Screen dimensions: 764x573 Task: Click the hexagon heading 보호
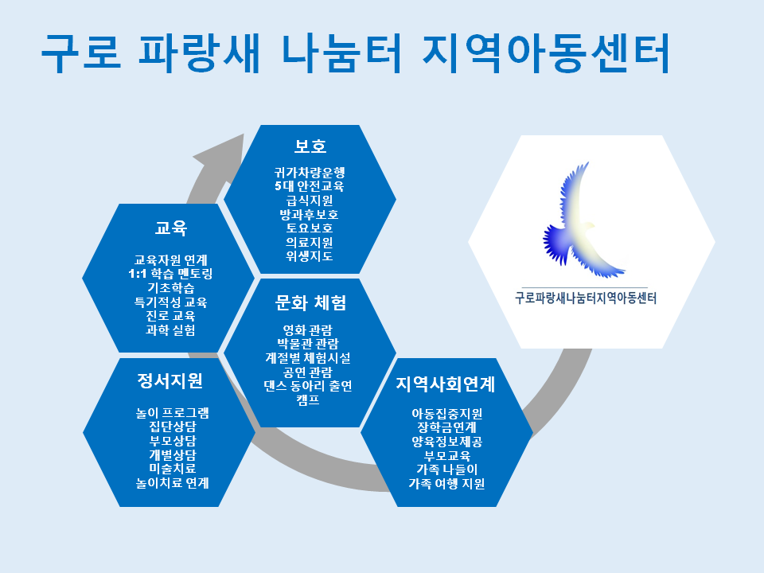310,146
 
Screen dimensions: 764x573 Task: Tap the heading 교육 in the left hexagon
170,228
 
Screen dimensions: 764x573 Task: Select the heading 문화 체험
310,303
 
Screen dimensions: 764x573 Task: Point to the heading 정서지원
170,380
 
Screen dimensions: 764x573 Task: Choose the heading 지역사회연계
446,384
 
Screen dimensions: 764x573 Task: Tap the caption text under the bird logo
586,298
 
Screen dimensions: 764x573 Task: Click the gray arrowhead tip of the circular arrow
244,134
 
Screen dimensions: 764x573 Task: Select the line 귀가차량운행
310,172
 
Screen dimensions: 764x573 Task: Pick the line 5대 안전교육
310,185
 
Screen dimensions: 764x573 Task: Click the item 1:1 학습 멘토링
170,273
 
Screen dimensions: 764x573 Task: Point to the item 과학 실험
170,329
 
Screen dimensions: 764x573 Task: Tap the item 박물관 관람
308,344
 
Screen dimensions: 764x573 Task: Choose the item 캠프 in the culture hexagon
308,400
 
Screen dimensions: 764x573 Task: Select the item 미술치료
173,468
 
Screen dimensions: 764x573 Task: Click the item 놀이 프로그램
173,413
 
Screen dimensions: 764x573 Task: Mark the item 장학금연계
446,427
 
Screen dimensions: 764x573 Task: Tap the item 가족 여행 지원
446,483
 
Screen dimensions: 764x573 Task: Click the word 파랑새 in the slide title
199,53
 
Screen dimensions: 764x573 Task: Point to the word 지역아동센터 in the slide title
546,53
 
